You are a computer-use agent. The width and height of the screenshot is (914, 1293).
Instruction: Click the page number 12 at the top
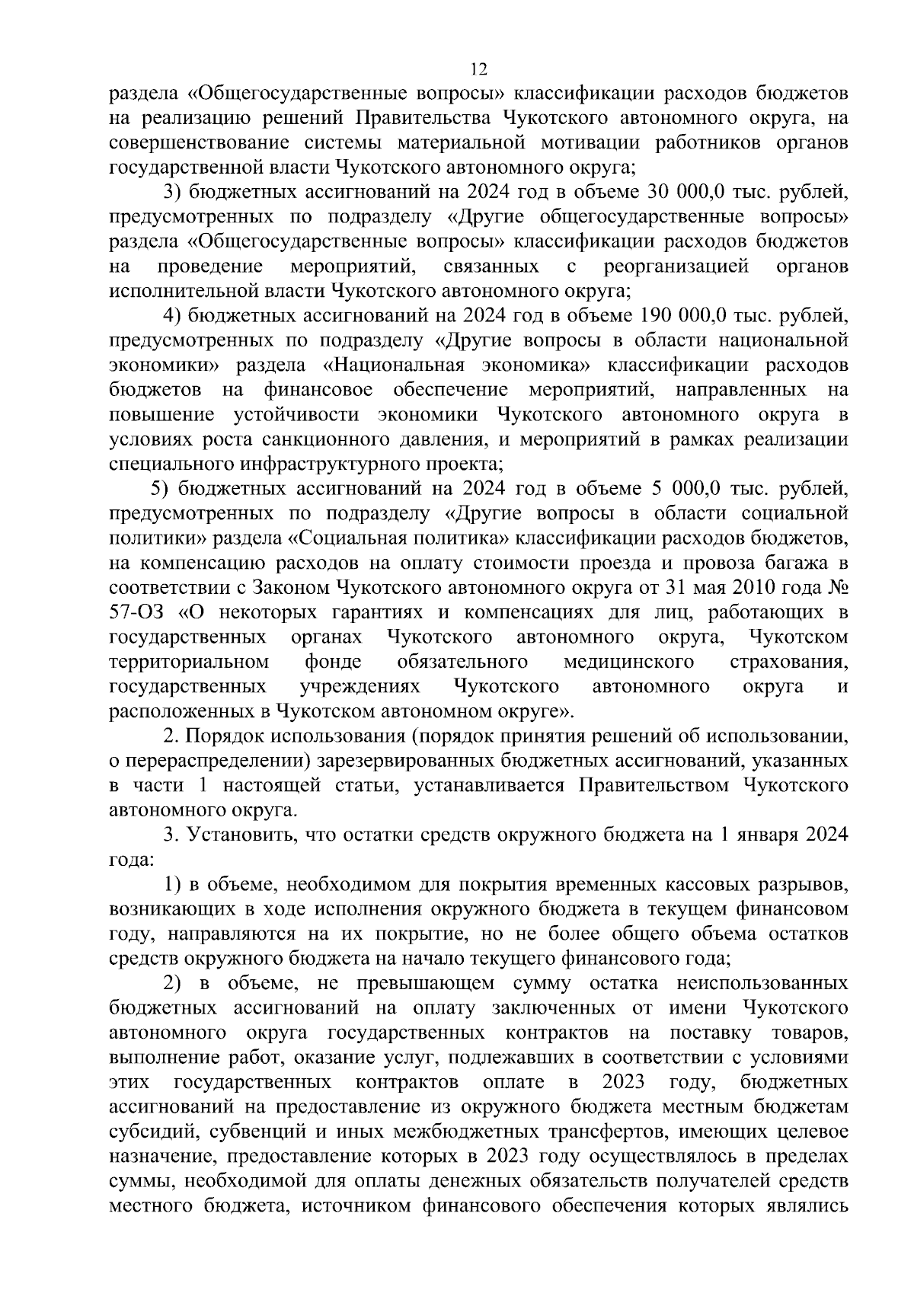click(x=478, y=69)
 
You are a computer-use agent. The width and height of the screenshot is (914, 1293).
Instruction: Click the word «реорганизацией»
click(x=676, y=266)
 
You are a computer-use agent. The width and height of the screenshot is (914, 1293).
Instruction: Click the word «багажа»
click(x=794, y=563)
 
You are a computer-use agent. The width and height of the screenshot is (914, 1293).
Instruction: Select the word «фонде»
click(x=333, y=661)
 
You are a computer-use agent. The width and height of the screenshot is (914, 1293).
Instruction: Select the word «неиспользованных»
click(x=762, y=983)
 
